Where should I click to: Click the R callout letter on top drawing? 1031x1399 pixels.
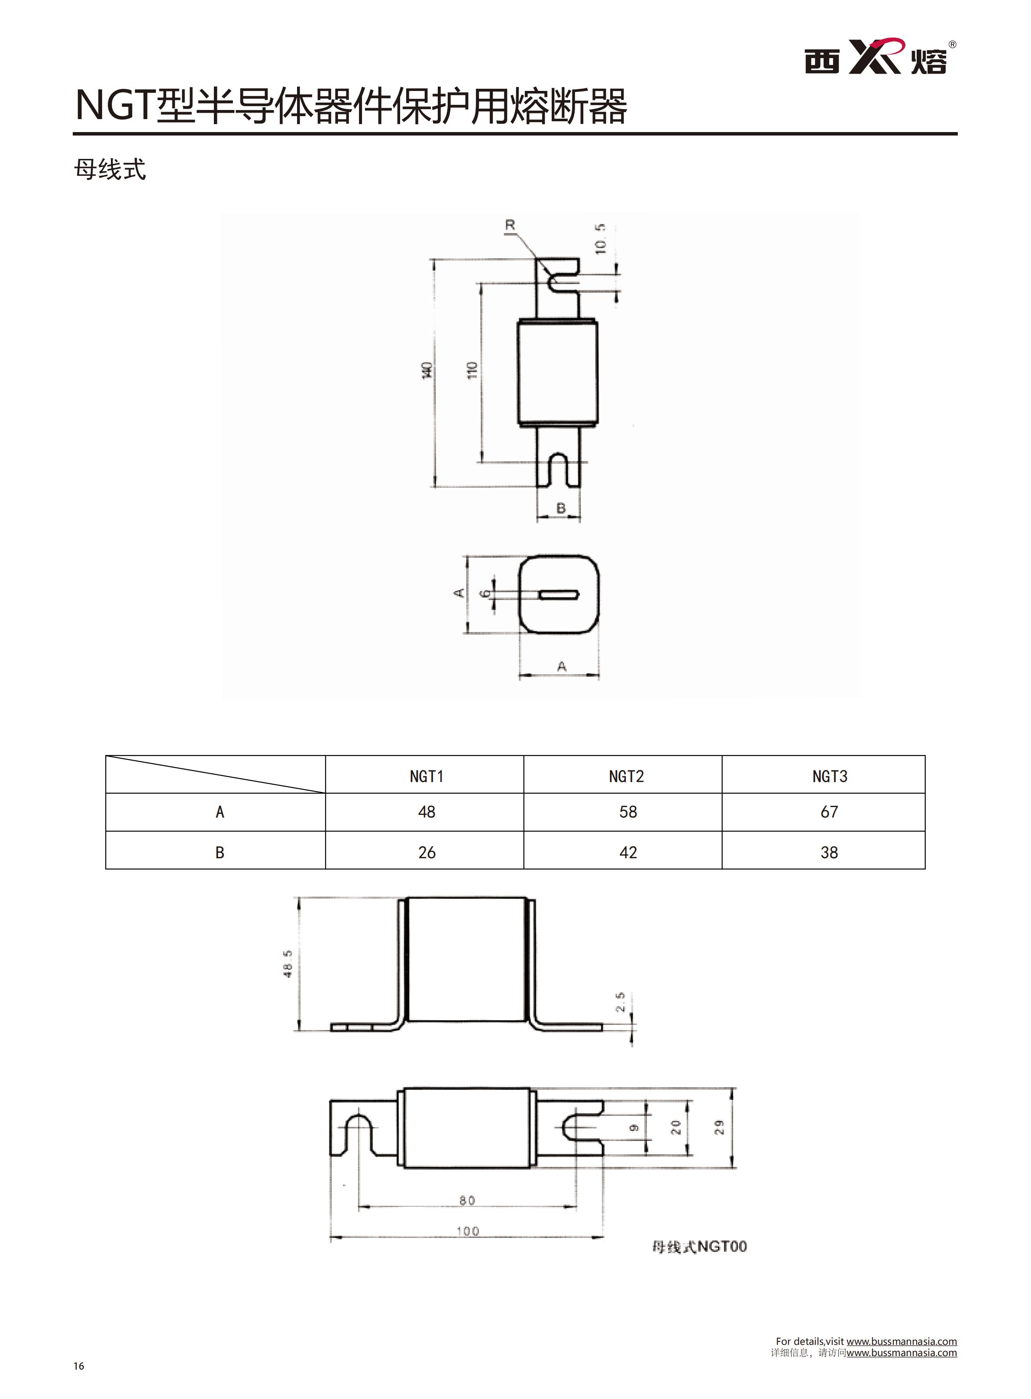pos(510,225)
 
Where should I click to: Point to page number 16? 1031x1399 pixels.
pos(79,1366)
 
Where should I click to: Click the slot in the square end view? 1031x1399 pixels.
pos(559,594)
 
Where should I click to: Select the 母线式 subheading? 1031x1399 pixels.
pos(110,169)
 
